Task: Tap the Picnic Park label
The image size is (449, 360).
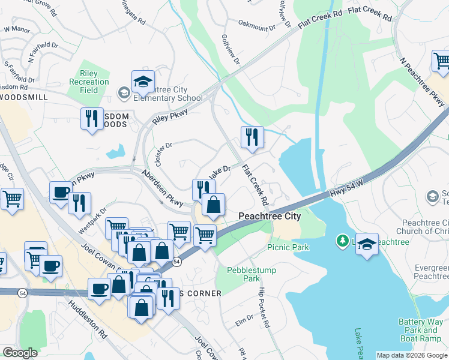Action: [288, 247]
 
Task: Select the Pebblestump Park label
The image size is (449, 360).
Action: [252, 274]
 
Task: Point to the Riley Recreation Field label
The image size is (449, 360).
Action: [89, 82]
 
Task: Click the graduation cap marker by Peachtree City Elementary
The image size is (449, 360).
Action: [143, 82]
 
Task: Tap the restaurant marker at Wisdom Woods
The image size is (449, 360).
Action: [92, 118]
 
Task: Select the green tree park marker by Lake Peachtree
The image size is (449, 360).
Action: [342, 241]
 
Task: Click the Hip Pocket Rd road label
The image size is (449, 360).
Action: [263, 307]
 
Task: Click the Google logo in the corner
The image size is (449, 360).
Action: [20, 353]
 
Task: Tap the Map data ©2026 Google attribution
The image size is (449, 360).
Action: [411, 355]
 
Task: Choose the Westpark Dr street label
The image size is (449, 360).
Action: [91, 220]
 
